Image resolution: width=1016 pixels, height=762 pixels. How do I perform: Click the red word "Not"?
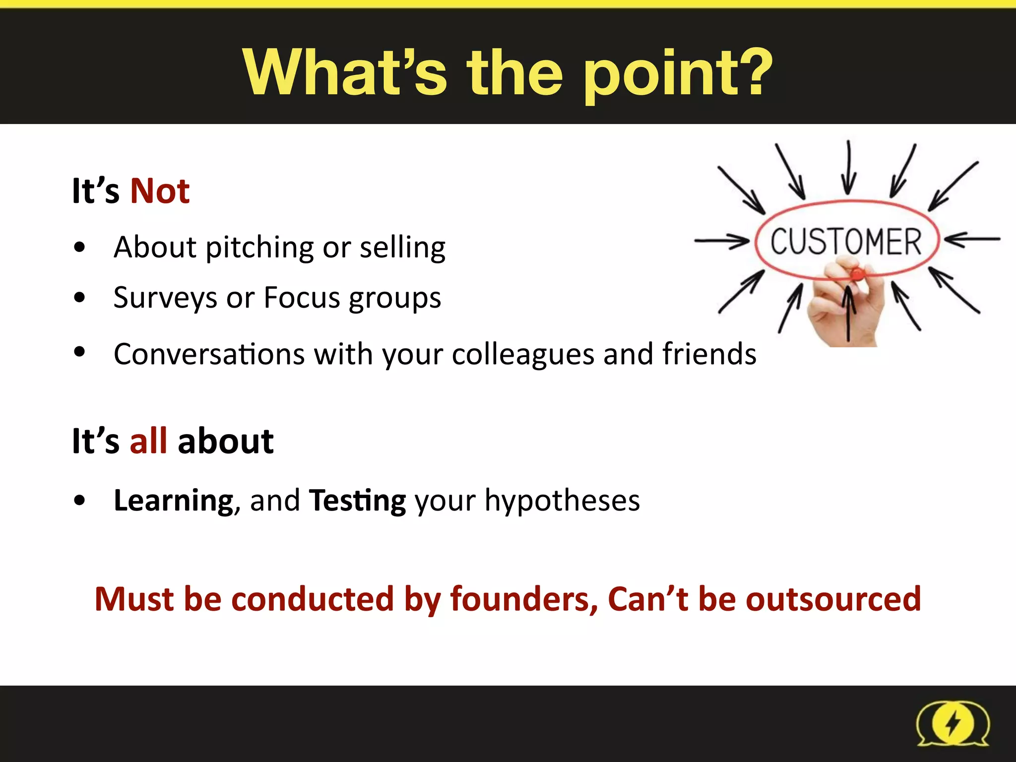[160, 191]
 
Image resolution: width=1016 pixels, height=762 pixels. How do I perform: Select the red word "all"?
[148, 441]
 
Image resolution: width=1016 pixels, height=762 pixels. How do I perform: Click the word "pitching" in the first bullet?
[259, 248]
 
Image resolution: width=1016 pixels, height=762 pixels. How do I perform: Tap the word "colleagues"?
[523, 355]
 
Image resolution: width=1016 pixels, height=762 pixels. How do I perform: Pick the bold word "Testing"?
[357, 501]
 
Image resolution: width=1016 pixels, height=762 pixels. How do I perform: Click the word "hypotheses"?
[562, 500]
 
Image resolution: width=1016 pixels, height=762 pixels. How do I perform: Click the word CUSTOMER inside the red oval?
[846, 242]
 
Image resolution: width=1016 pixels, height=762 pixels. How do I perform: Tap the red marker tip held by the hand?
[856, 273]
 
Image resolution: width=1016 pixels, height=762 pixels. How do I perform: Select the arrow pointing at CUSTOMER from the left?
[722, 242]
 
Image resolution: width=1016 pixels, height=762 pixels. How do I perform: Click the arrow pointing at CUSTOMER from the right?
[972, 240]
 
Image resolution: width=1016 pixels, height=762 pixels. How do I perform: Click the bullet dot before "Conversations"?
[79, 352]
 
